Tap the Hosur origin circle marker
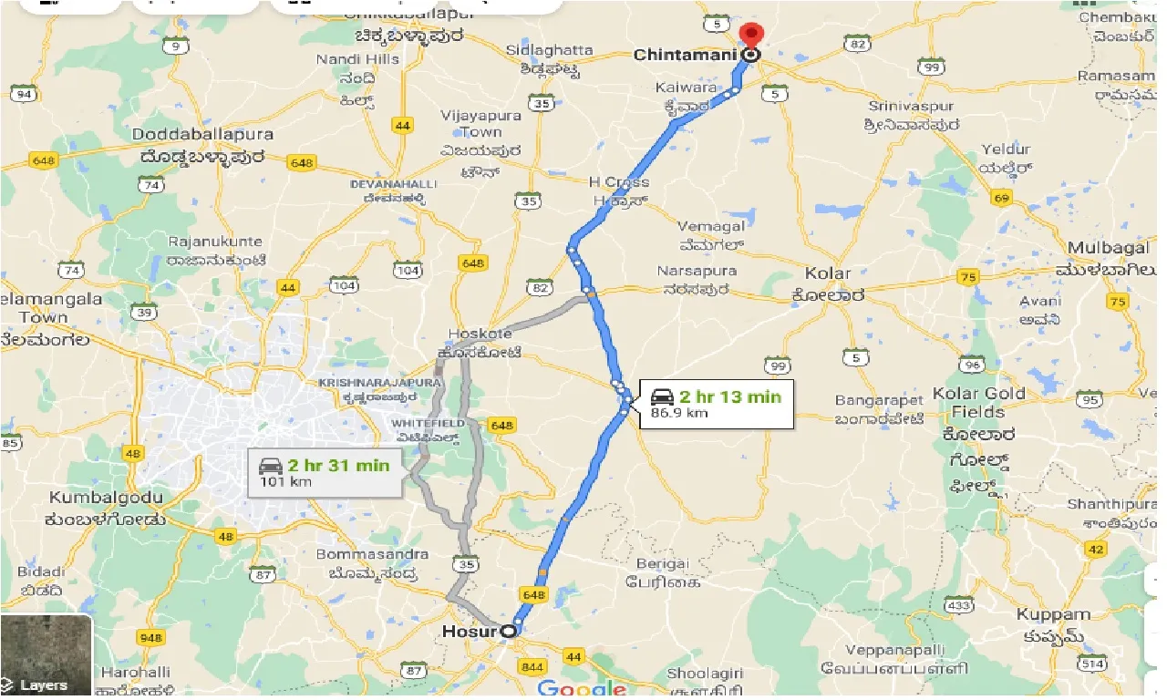pos(507,630)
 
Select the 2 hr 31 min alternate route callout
pos(325,472)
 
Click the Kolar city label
pos(828,273)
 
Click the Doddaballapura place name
pos(202,135)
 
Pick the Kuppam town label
pos(1053,614)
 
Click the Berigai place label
pos(663,564)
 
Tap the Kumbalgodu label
pos(107,498)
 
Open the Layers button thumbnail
pos(46,655)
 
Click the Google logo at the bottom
pos(581,688)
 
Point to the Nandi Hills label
pos(357,59)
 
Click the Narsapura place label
pos(697,272)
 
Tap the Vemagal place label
pos(712,226)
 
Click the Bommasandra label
pos(372,554)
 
